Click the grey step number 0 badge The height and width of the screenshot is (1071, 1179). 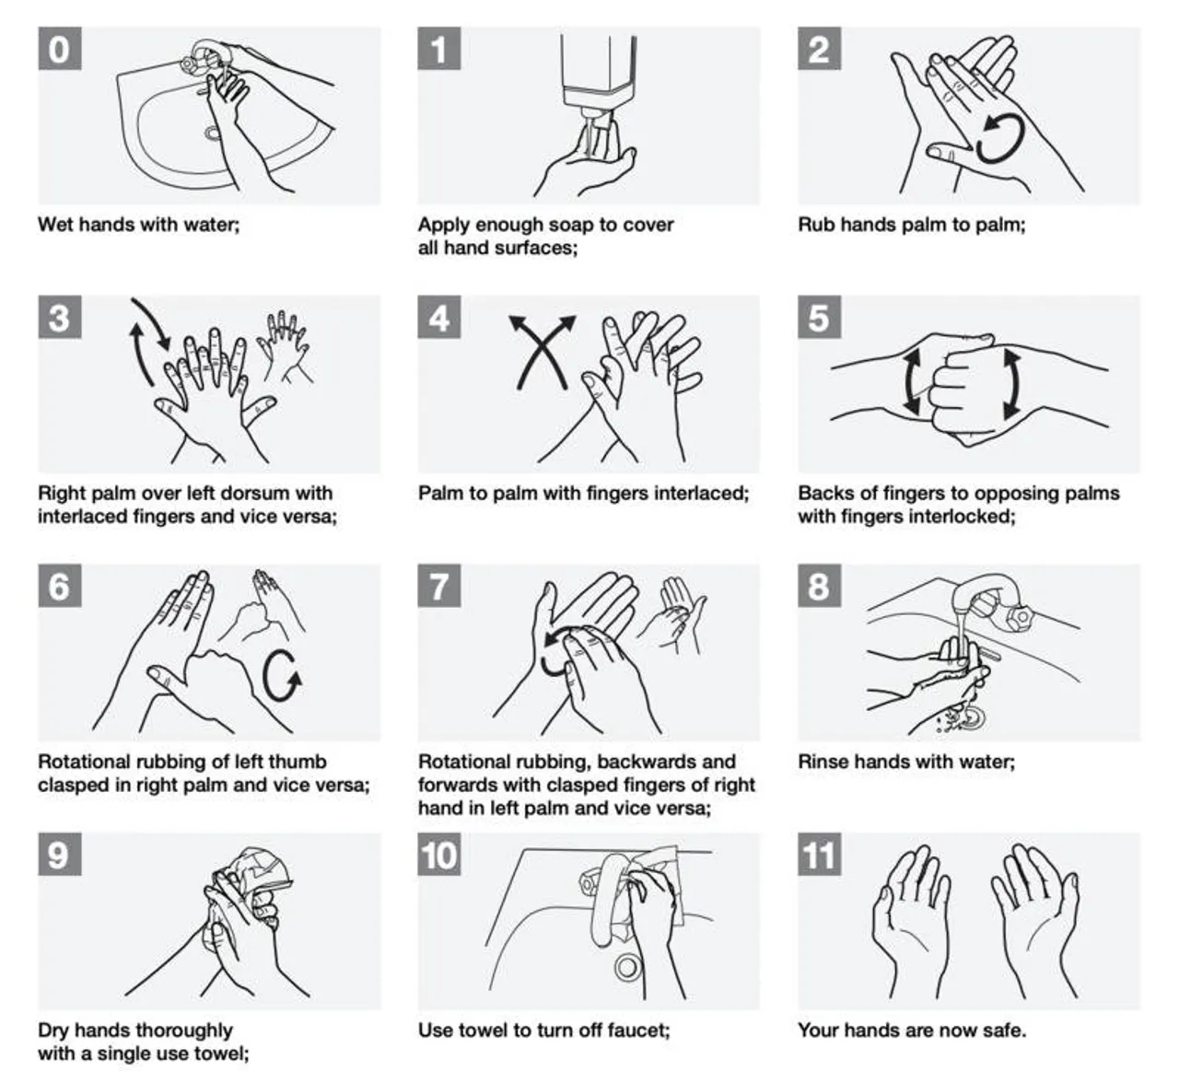point(59,48)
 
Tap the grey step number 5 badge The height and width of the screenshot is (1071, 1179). point(819,318)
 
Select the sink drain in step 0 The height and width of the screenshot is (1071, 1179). point(212,133)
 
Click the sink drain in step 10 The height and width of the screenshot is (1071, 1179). point(628,966)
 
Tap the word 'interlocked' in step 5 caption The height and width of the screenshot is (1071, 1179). point(956,516)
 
